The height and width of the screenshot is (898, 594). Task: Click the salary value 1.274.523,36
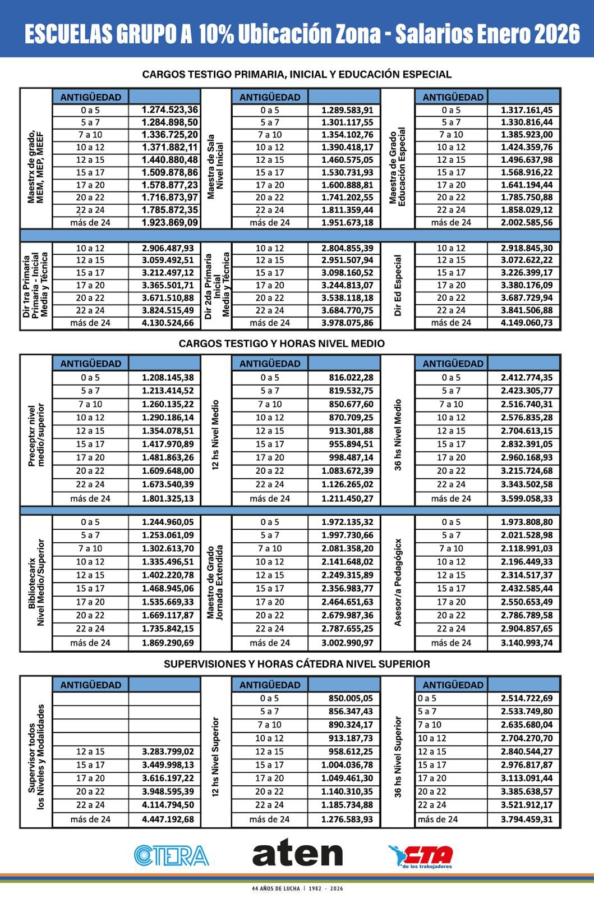tap(169, 110)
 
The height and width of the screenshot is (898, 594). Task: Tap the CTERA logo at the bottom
tap(172, 855)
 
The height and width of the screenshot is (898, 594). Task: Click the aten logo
tap(297, 854)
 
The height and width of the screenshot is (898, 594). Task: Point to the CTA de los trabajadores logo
tap(422, 856)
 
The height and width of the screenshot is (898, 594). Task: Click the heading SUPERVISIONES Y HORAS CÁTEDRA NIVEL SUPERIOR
tap(297, 664)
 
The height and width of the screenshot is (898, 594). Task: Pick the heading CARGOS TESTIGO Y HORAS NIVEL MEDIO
tap(282, 343)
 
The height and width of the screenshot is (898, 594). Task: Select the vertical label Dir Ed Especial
tap(398, 286)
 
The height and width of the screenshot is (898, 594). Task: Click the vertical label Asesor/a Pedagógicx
tap(398, 583)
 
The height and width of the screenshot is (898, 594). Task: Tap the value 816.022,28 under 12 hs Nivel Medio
tap(351, 378)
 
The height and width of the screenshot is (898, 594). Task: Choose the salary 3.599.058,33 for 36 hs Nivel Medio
tap(526, 498)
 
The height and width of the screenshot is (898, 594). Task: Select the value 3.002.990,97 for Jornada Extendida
tap(347, 643)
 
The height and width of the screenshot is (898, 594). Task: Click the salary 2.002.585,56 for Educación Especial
tap(526, 223)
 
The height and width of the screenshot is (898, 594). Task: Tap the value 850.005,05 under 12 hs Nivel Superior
tap(351, 699)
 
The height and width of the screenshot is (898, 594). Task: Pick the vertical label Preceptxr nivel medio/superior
tap(36, 436)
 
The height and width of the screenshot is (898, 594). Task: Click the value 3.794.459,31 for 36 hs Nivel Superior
tap(526, 819)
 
